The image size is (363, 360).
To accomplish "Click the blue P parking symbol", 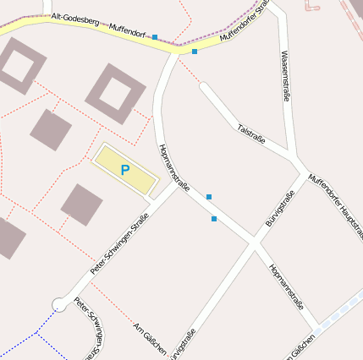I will (x=125, y=171).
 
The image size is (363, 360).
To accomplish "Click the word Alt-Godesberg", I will (x=74, y=19).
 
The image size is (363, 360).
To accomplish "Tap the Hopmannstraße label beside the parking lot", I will (x=174, y=167).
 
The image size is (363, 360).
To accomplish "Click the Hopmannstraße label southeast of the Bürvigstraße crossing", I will (x=285, y=287).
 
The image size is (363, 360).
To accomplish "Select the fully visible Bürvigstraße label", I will (x=280, y=209).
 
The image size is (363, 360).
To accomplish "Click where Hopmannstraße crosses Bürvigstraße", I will (x=252, y=243).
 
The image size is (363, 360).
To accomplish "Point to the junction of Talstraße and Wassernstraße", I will (x=293, y=158).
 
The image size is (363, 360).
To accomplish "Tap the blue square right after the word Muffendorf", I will (x=155, y=37).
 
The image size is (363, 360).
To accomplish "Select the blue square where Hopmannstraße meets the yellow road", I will (x=195, y=52).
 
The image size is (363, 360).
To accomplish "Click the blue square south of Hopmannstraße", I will (x=214, y=219).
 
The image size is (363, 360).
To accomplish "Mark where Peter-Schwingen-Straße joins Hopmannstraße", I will (x=179, y=187).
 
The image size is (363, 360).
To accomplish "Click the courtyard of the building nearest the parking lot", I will (x=115, y=92).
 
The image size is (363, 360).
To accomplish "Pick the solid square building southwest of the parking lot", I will (x=82, y=205).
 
